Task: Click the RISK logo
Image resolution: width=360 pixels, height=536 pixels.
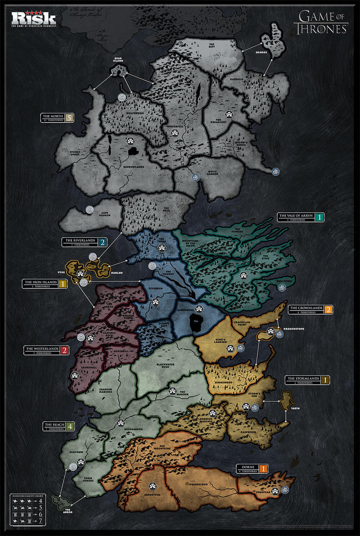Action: tap(34, 18)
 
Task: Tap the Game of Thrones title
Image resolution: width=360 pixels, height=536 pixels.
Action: tap(321, 23)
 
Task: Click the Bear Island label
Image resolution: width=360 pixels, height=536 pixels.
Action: tap(118, 60)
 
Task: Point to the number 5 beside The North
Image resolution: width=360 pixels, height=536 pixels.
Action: tap(68, 118)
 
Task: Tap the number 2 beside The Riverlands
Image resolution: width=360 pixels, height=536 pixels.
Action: tap(103, 242)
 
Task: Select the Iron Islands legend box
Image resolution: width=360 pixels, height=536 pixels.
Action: tap(44, 284)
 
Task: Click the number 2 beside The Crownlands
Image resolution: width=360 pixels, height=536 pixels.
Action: tap(329, 309)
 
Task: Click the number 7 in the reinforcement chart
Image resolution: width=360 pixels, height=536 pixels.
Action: tap(41, 521)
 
